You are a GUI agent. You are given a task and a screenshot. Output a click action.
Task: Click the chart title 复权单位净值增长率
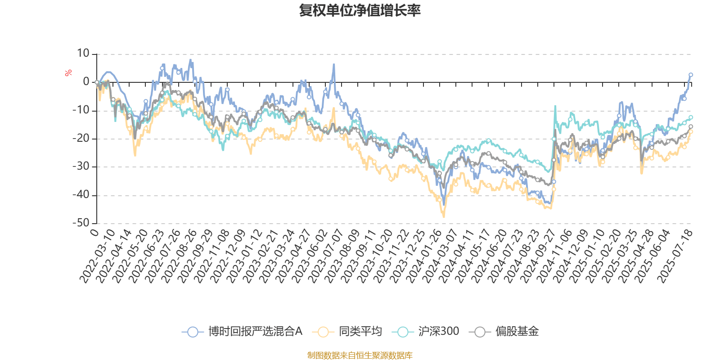coord(360,11)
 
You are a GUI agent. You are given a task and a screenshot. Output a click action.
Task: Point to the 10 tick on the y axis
coord(83,54)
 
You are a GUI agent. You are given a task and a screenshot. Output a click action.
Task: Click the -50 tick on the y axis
coord(81,223)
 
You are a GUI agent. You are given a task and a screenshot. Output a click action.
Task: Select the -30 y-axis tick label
coord(81,166)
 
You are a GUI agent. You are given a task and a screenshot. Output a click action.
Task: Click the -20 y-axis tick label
coord(81,139)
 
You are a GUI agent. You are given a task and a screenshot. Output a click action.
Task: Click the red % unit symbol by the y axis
coord(68,73)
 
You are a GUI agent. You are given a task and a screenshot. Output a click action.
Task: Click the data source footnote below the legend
coord(360,355)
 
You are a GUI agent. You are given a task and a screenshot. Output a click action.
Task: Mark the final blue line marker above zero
coord(691,75)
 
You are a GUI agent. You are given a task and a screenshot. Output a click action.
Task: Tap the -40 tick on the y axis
coord(81,195)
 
